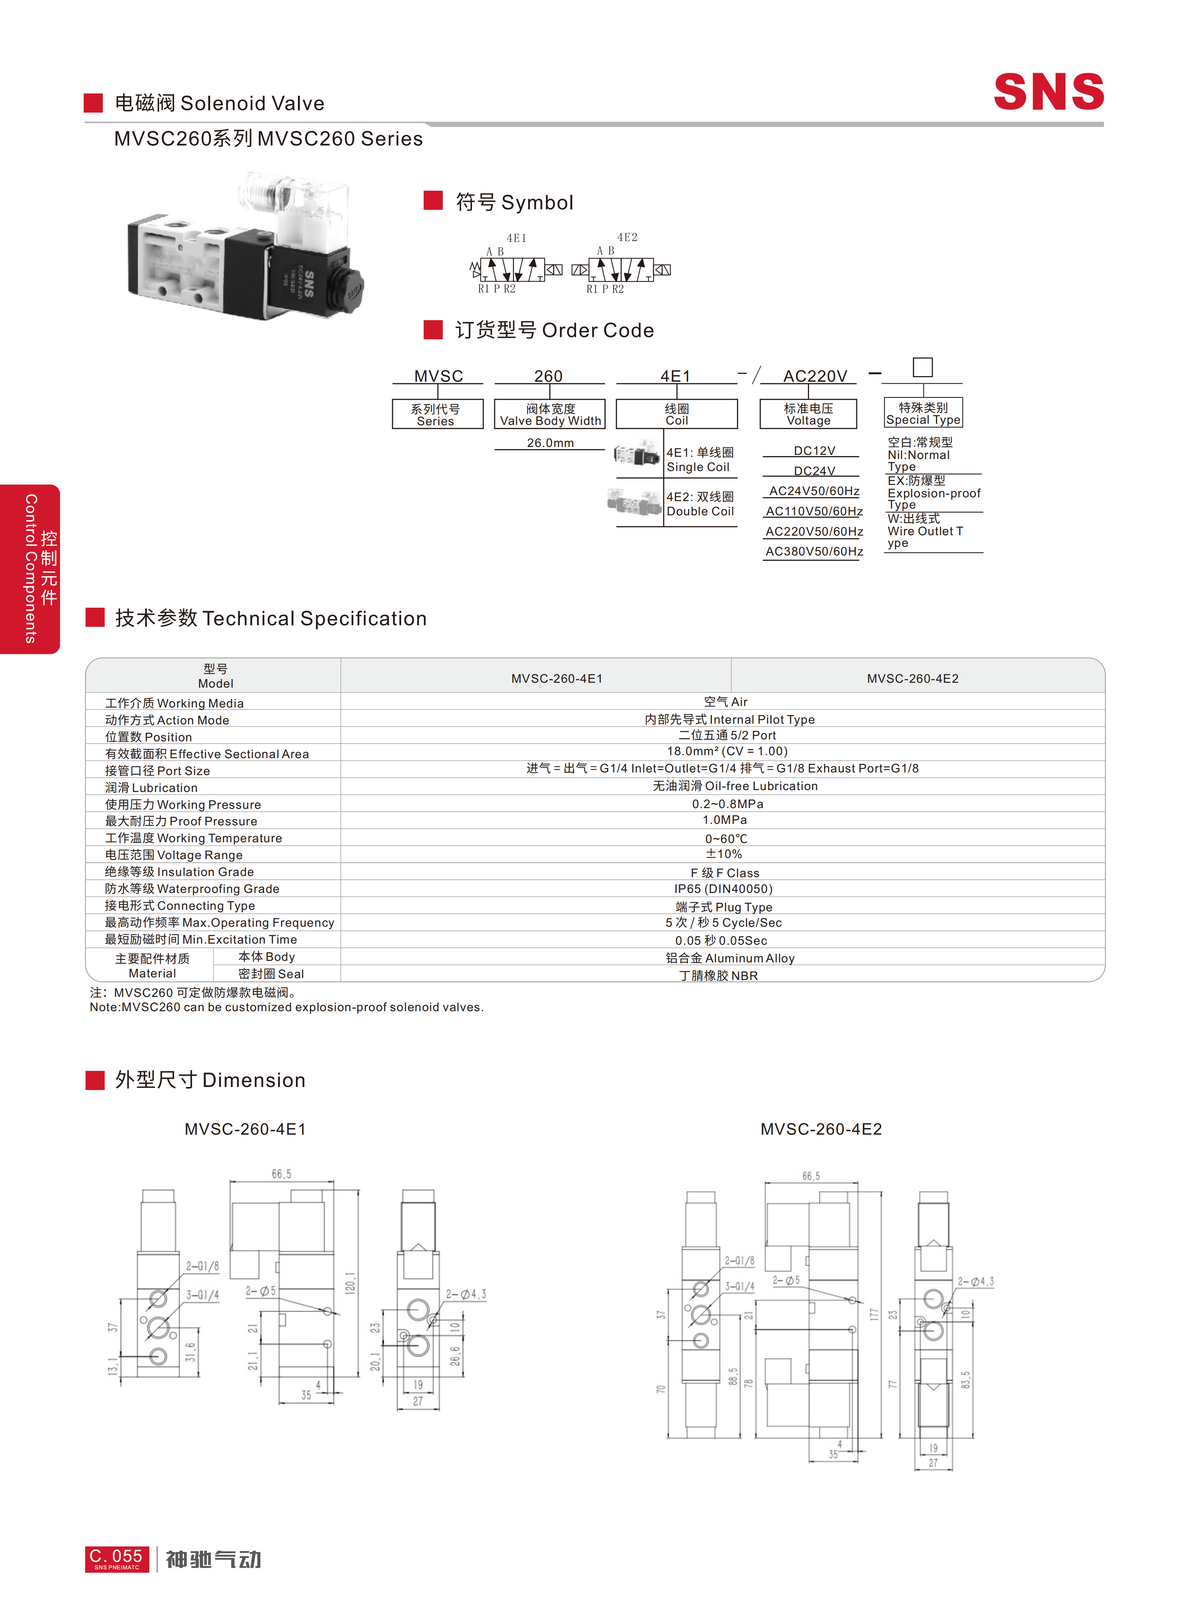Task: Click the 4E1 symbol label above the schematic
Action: [516, 238]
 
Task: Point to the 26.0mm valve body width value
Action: [550, 443]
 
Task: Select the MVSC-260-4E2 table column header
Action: [913, 679]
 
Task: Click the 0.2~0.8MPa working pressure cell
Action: [728, 804]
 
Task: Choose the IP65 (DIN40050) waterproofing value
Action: [723, 889]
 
